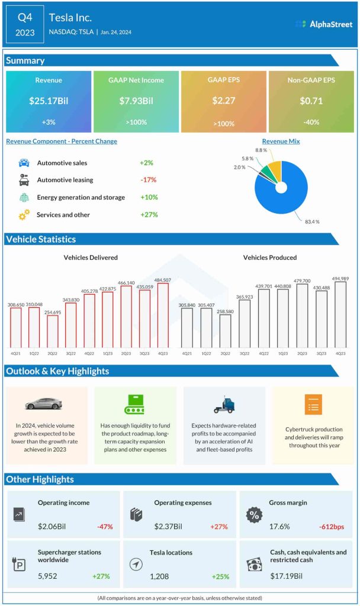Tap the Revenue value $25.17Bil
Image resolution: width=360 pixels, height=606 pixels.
49,101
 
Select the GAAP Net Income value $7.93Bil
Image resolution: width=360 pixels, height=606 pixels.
136,101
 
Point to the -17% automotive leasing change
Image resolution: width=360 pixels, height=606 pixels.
149,180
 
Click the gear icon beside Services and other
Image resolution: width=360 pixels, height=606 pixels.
24,215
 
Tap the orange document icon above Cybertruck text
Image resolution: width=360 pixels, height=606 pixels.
312,404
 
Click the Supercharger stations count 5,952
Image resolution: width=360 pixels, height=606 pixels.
47,576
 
